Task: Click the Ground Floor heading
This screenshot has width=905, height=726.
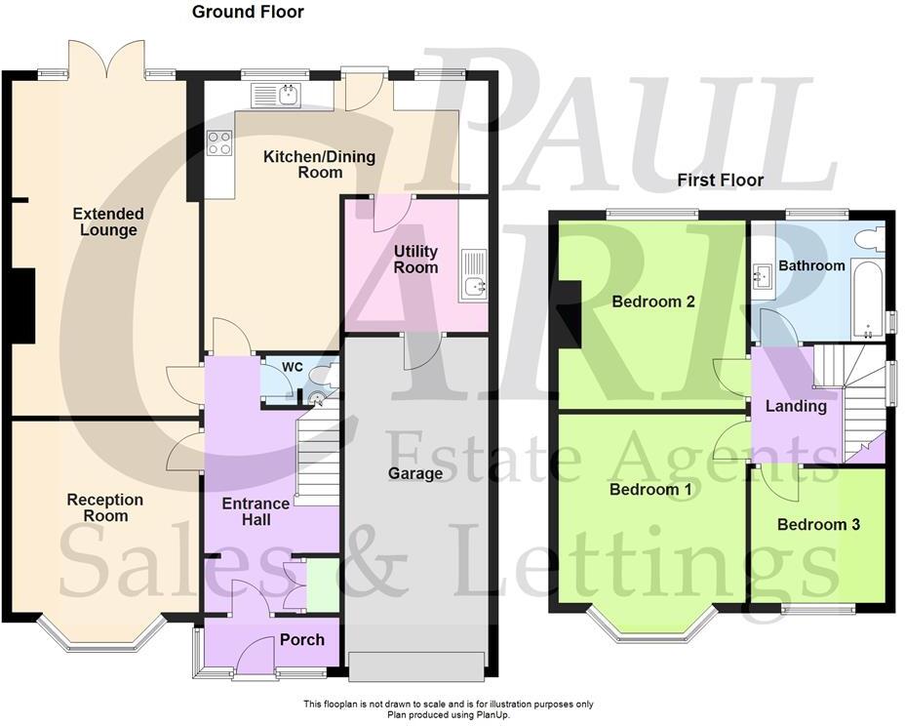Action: coord(247,13)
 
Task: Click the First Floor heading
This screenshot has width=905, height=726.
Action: coord(720,181)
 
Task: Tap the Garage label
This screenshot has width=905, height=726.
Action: coord(415,473)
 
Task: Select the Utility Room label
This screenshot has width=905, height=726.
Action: coord(415,260)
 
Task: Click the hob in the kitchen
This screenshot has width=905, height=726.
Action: coord(219,143)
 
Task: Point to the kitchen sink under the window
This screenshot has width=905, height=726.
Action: coord(279,95)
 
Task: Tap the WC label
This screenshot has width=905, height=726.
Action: coord(293,367)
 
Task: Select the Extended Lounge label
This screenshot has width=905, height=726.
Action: coord(107,222)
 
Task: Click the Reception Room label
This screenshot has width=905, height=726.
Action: coord(104,507)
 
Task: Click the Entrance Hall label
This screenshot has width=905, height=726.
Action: coord(256,512)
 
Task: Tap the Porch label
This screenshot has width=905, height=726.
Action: coord(301,640)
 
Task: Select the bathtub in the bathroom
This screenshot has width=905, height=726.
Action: coord(866,298)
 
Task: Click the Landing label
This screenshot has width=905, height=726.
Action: coord(796,406)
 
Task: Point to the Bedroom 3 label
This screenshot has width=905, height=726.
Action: coord(818,524)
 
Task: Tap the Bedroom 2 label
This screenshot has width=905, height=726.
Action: coord(652,302)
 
